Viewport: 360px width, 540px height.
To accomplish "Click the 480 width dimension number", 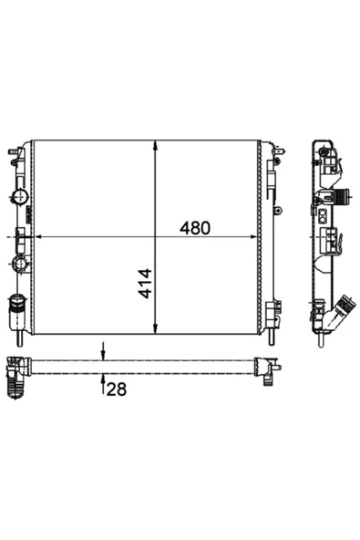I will tap(194, 228).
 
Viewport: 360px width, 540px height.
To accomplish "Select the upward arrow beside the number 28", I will tap(103, 382).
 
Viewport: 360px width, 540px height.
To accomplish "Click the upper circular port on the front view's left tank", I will tap(20, 198).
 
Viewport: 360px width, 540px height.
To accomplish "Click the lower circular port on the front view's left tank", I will tap(20, 265).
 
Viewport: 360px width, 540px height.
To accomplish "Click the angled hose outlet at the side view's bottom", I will tap(341, 313).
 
